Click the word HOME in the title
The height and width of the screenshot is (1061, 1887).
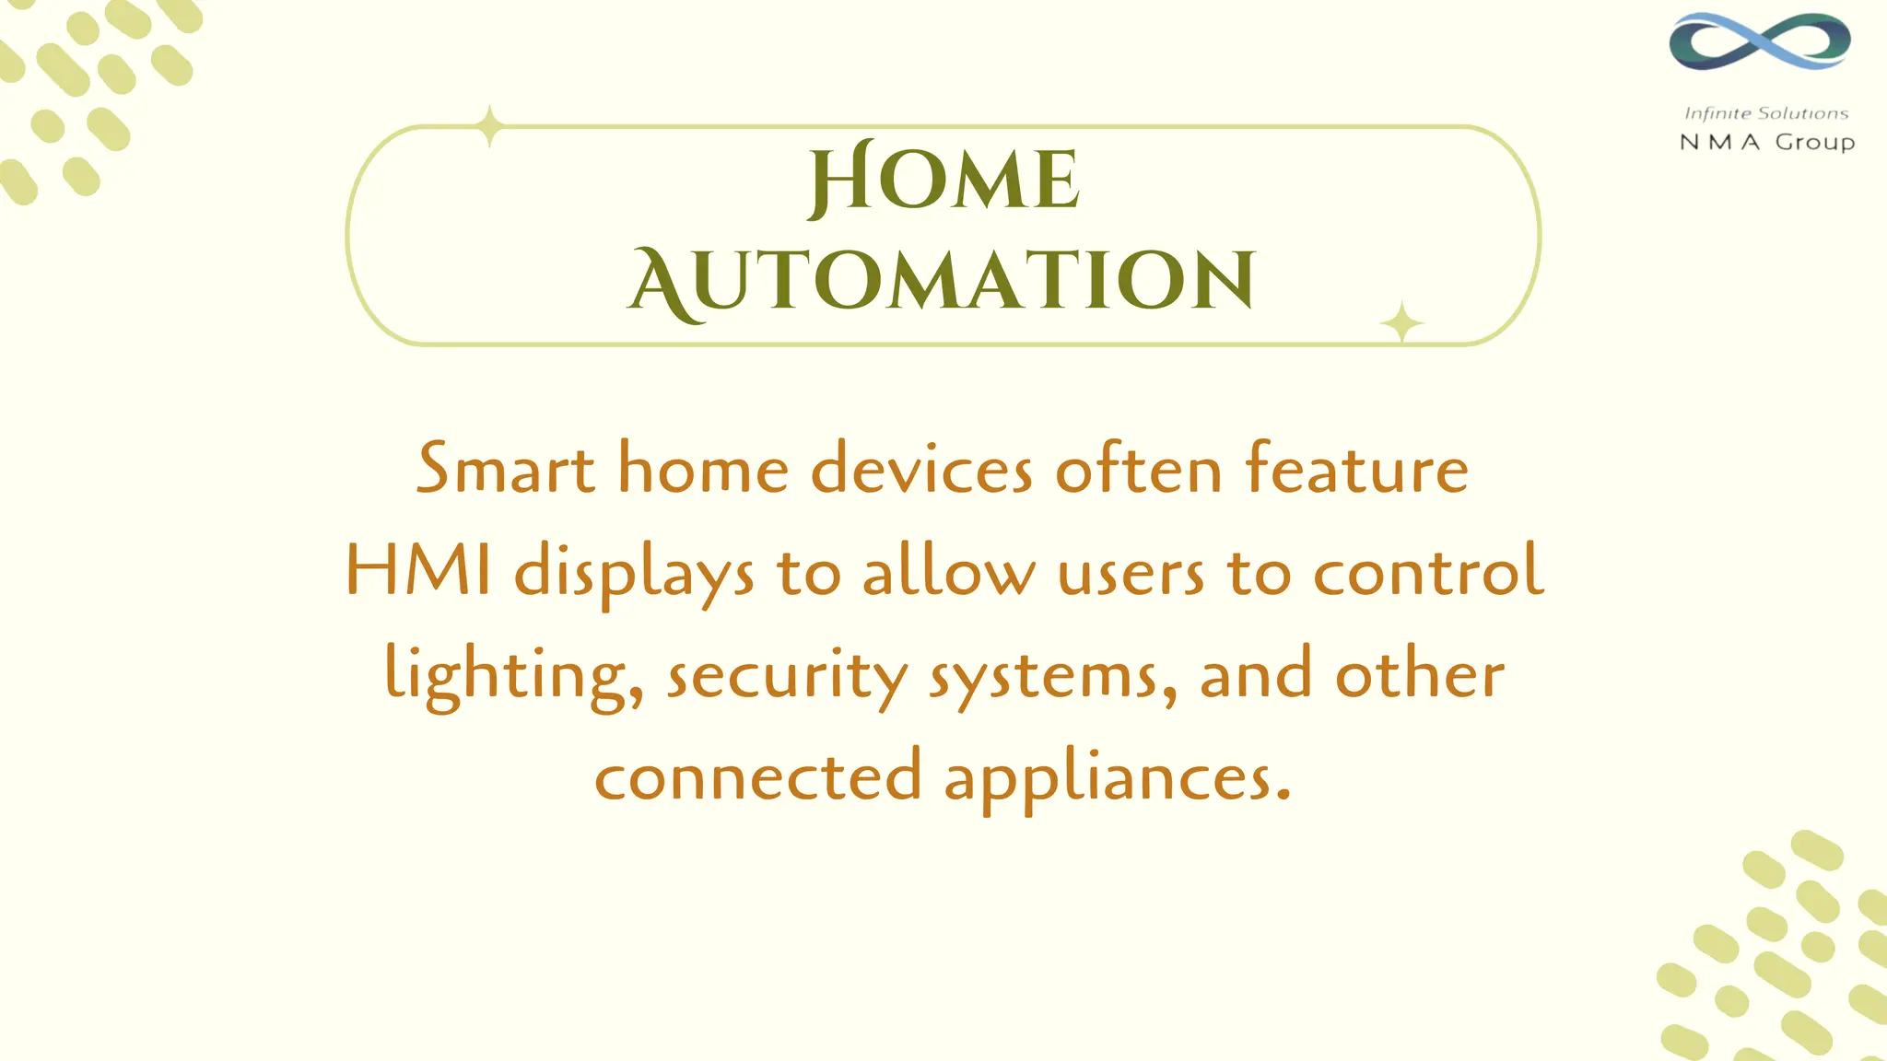point(943,180)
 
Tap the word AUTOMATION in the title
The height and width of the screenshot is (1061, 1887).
point(942,281)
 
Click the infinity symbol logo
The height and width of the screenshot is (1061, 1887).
point(1759,41)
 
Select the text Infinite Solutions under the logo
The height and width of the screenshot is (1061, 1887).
point(1765,113)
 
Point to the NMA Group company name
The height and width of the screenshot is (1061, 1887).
point(1766,142)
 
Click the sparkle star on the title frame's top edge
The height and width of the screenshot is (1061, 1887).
point(490,126)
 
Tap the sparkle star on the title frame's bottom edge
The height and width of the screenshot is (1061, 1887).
point(1401,323)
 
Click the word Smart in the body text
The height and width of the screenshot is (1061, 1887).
point(505,469)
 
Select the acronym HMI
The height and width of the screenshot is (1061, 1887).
point(418,571)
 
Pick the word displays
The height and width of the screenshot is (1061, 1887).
point(633,573)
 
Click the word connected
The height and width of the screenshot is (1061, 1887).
point(757,776)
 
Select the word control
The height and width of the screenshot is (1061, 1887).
point(1428,571)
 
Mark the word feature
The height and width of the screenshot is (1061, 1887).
point(1356,469)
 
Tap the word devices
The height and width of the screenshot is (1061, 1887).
point(921,469)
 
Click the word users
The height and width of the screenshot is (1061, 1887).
point(1131,573)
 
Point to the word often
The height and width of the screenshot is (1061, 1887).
point(1138,469)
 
